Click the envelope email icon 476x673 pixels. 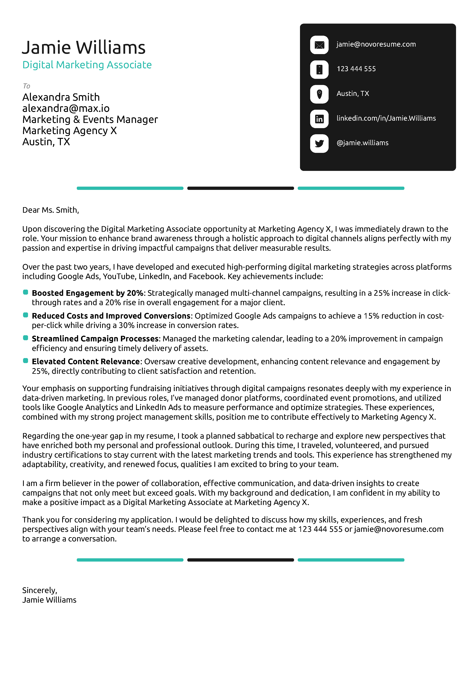point(319,45)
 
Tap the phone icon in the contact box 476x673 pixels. point(319,69)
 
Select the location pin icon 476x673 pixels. point(319,94)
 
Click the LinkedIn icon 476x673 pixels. point(319,119)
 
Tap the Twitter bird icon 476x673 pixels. point(319,143)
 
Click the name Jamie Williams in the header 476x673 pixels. point(83,48)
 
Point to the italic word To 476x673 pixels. point(26,86)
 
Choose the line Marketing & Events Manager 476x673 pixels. point(90,120)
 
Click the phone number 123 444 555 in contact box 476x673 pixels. point(356,69)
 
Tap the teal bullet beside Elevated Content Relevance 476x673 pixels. point(26,361)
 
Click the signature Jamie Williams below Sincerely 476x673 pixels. point(49,600)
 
